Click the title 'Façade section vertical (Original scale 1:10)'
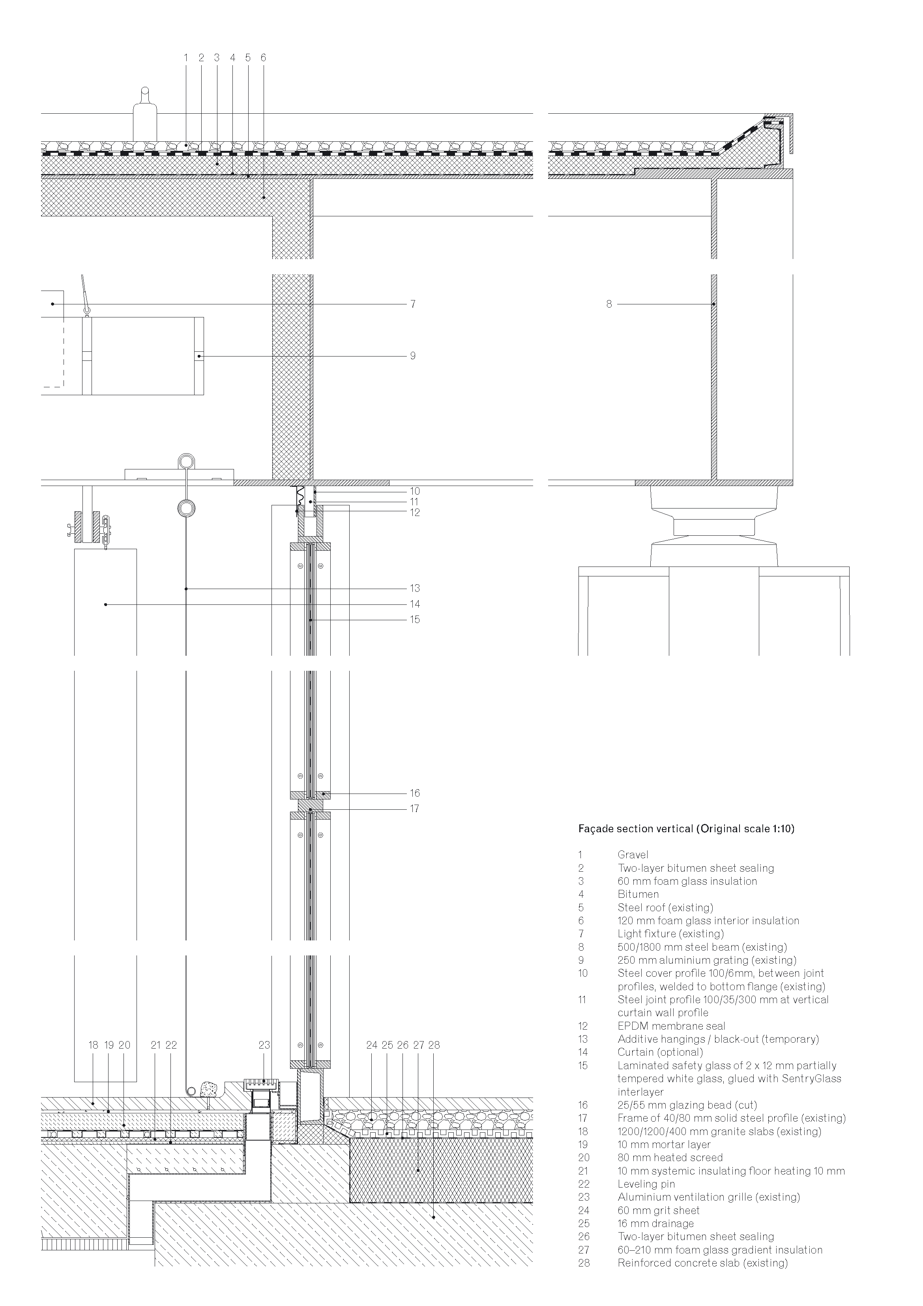pos(686,829)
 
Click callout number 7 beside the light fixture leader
pos(413,304)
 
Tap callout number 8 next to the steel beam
pos(609,304)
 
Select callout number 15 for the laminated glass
pos(415,619)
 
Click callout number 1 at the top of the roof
pos(186,58)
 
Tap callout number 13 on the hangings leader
pos(415,588)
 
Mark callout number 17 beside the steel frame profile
pos(415,808)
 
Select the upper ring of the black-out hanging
pos(186,461)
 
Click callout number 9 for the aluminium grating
pos(413,355)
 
